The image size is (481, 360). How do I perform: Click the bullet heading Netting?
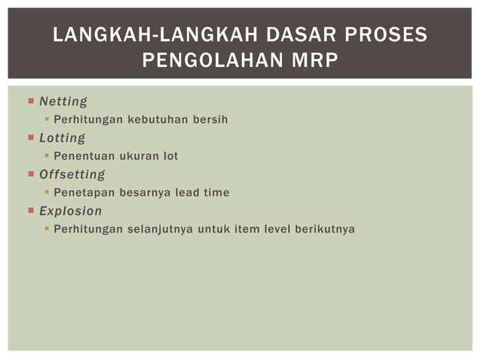(x=63, y=101)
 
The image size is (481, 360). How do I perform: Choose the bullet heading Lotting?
(x=62, y=138)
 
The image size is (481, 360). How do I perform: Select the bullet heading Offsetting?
(x=72, y=175)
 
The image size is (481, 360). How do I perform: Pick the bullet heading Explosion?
(x=70, y=211)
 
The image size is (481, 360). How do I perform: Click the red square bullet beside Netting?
(x=31, y=101)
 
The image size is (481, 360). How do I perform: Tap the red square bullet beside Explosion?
(x=31, y=211)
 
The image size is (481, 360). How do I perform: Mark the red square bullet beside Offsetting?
(x=31, y=175)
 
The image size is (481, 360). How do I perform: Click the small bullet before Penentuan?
(x=47, y=156)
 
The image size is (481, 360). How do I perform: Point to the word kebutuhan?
(x=155, y=120)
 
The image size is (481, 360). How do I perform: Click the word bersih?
(x=209, y=120)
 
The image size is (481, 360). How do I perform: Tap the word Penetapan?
(x=84, y=193)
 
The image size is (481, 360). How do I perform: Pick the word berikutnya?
(x=324, y=229)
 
